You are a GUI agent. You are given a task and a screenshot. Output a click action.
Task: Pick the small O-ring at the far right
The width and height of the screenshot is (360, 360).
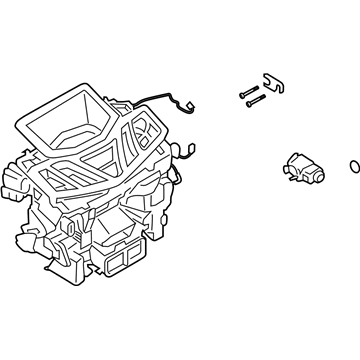pyautogui.click(x=353, y=162)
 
